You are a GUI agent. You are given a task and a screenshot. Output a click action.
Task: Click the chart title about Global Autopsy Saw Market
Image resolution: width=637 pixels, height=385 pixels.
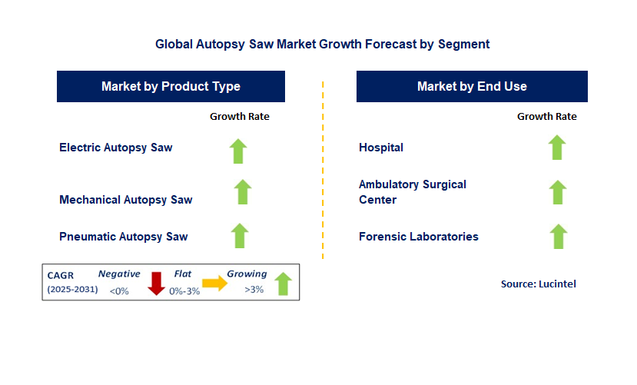pyautogui.click(x=322, y=44)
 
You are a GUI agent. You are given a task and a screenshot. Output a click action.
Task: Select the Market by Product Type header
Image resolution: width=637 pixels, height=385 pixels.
pyautogui.click(x=171, y=86)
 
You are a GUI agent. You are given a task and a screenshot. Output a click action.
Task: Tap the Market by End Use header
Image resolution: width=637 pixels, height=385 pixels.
pyautogui.click(x=472, y=86)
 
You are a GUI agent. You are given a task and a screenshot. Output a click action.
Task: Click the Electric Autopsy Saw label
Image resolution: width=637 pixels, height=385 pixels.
pyautogui.click(x=116, y=148)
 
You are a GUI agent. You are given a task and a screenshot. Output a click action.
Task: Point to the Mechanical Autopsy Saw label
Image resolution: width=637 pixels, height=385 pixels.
pyautogui.click(x=126, y=200)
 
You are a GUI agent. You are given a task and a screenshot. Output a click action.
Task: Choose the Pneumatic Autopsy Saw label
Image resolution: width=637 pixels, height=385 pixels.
pyautogui.click(x=124, y=237)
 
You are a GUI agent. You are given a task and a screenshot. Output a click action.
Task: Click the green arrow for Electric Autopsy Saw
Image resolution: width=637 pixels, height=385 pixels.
pyautogui.click(x=238, y=151)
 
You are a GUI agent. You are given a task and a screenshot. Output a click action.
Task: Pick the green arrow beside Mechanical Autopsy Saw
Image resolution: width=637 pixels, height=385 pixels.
pyautogui.click(x=243, y=192)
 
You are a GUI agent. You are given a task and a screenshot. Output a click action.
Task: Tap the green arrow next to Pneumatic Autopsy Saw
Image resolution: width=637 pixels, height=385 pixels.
pyautogui.click(x=240, y=236)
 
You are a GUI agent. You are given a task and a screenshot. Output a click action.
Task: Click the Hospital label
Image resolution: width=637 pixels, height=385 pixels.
pyautogui.click(x=381, y=148)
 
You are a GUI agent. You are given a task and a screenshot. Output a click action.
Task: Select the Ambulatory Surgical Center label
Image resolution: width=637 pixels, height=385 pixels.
pyautogui.click(x=413, y=192)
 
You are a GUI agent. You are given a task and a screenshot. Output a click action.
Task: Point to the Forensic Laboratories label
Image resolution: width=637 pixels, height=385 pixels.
pyautogui.click(x=419, y=237)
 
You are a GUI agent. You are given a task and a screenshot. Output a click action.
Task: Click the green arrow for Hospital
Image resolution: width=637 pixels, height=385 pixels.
pyautogui.click(x=557, y=148)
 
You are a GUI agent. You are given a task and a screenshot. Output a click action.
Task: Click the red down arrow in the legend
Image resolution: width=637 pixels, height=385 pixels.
pyautogui.click(x=157, y=284)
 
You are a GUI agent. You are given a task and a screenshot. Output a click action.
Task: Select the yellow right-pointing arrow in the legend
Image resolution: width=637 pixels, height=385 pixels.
pyautogui.click(x=215, y=283)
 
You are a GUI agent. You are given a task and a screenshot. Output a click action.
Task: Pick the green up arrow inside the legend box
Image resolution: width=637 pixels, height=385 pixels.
pyautogui.click(x=283, y=284)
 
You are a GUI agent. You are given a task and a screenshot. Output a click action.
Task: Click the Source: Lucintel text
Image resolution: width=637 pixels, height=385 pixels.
pyautogui.click(x=538, y=284)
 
